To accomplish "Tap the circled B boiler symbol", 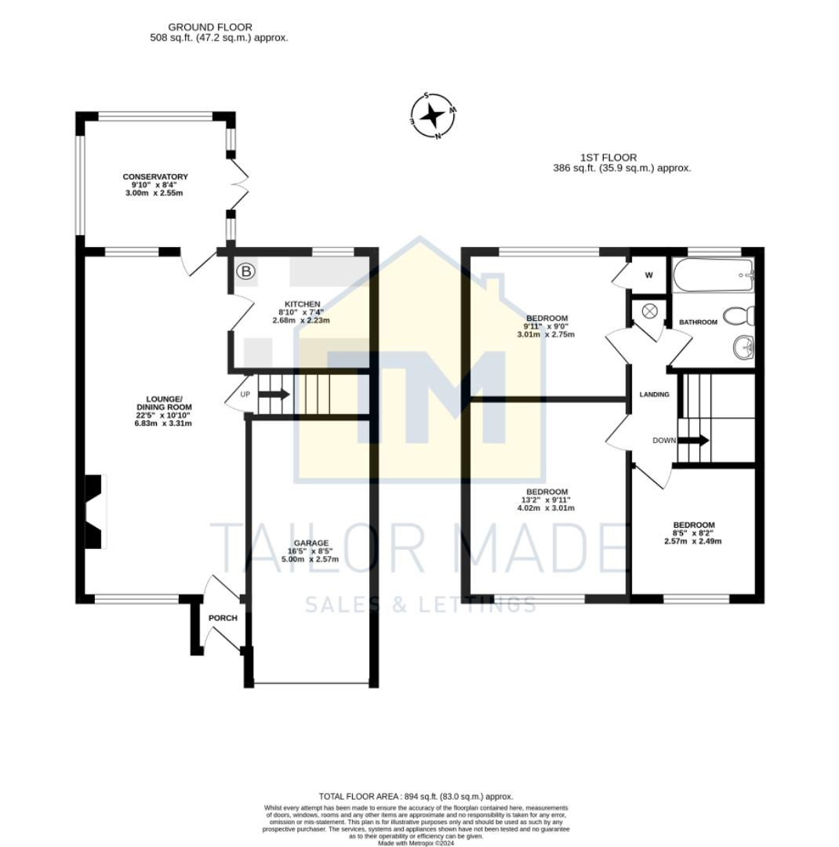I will click(246, 272).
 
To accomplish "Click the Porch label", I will click(223, 618).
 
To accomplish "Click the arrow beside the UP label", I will click(274, 394).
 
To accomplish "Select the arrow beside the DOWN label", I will click(694, 440).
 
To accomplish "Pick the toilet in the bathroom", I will click(739, 316).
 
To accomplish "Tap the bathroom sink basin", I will click(742, 346).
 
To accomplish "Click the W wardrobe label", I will click(648, 275).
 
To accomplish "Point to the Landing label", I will click(655, 394).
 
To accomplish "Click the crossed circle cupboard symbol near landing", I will click(649, 311).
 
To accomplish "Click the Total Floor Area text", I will click(416, 796).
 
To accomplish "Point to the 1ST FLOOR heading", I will click(608, 158).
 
